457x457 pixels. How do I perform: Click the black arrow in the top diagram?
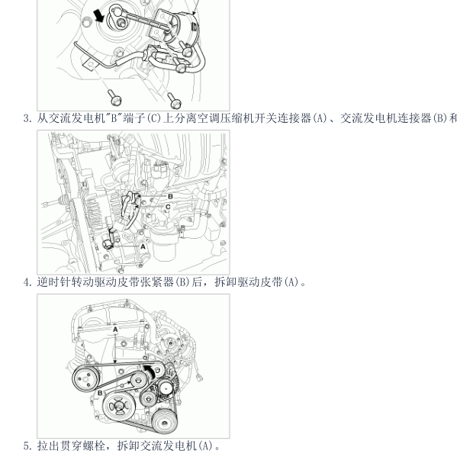point(98,15)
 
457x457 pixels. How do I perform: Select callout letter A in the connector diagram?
point(143,246)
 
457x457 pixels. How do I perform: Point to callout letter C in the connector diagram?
point(168,207)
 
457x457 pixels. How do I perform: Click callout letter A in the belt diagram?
point(114,328)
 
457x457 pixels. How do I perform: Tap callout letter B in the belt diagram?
point(100,392)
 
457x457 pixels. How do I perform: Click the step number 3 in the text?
point(27,118)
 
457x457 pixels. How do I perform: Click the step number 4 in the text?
point(27,282)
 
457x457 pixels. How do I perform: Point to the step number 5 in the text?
point(27,446)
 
